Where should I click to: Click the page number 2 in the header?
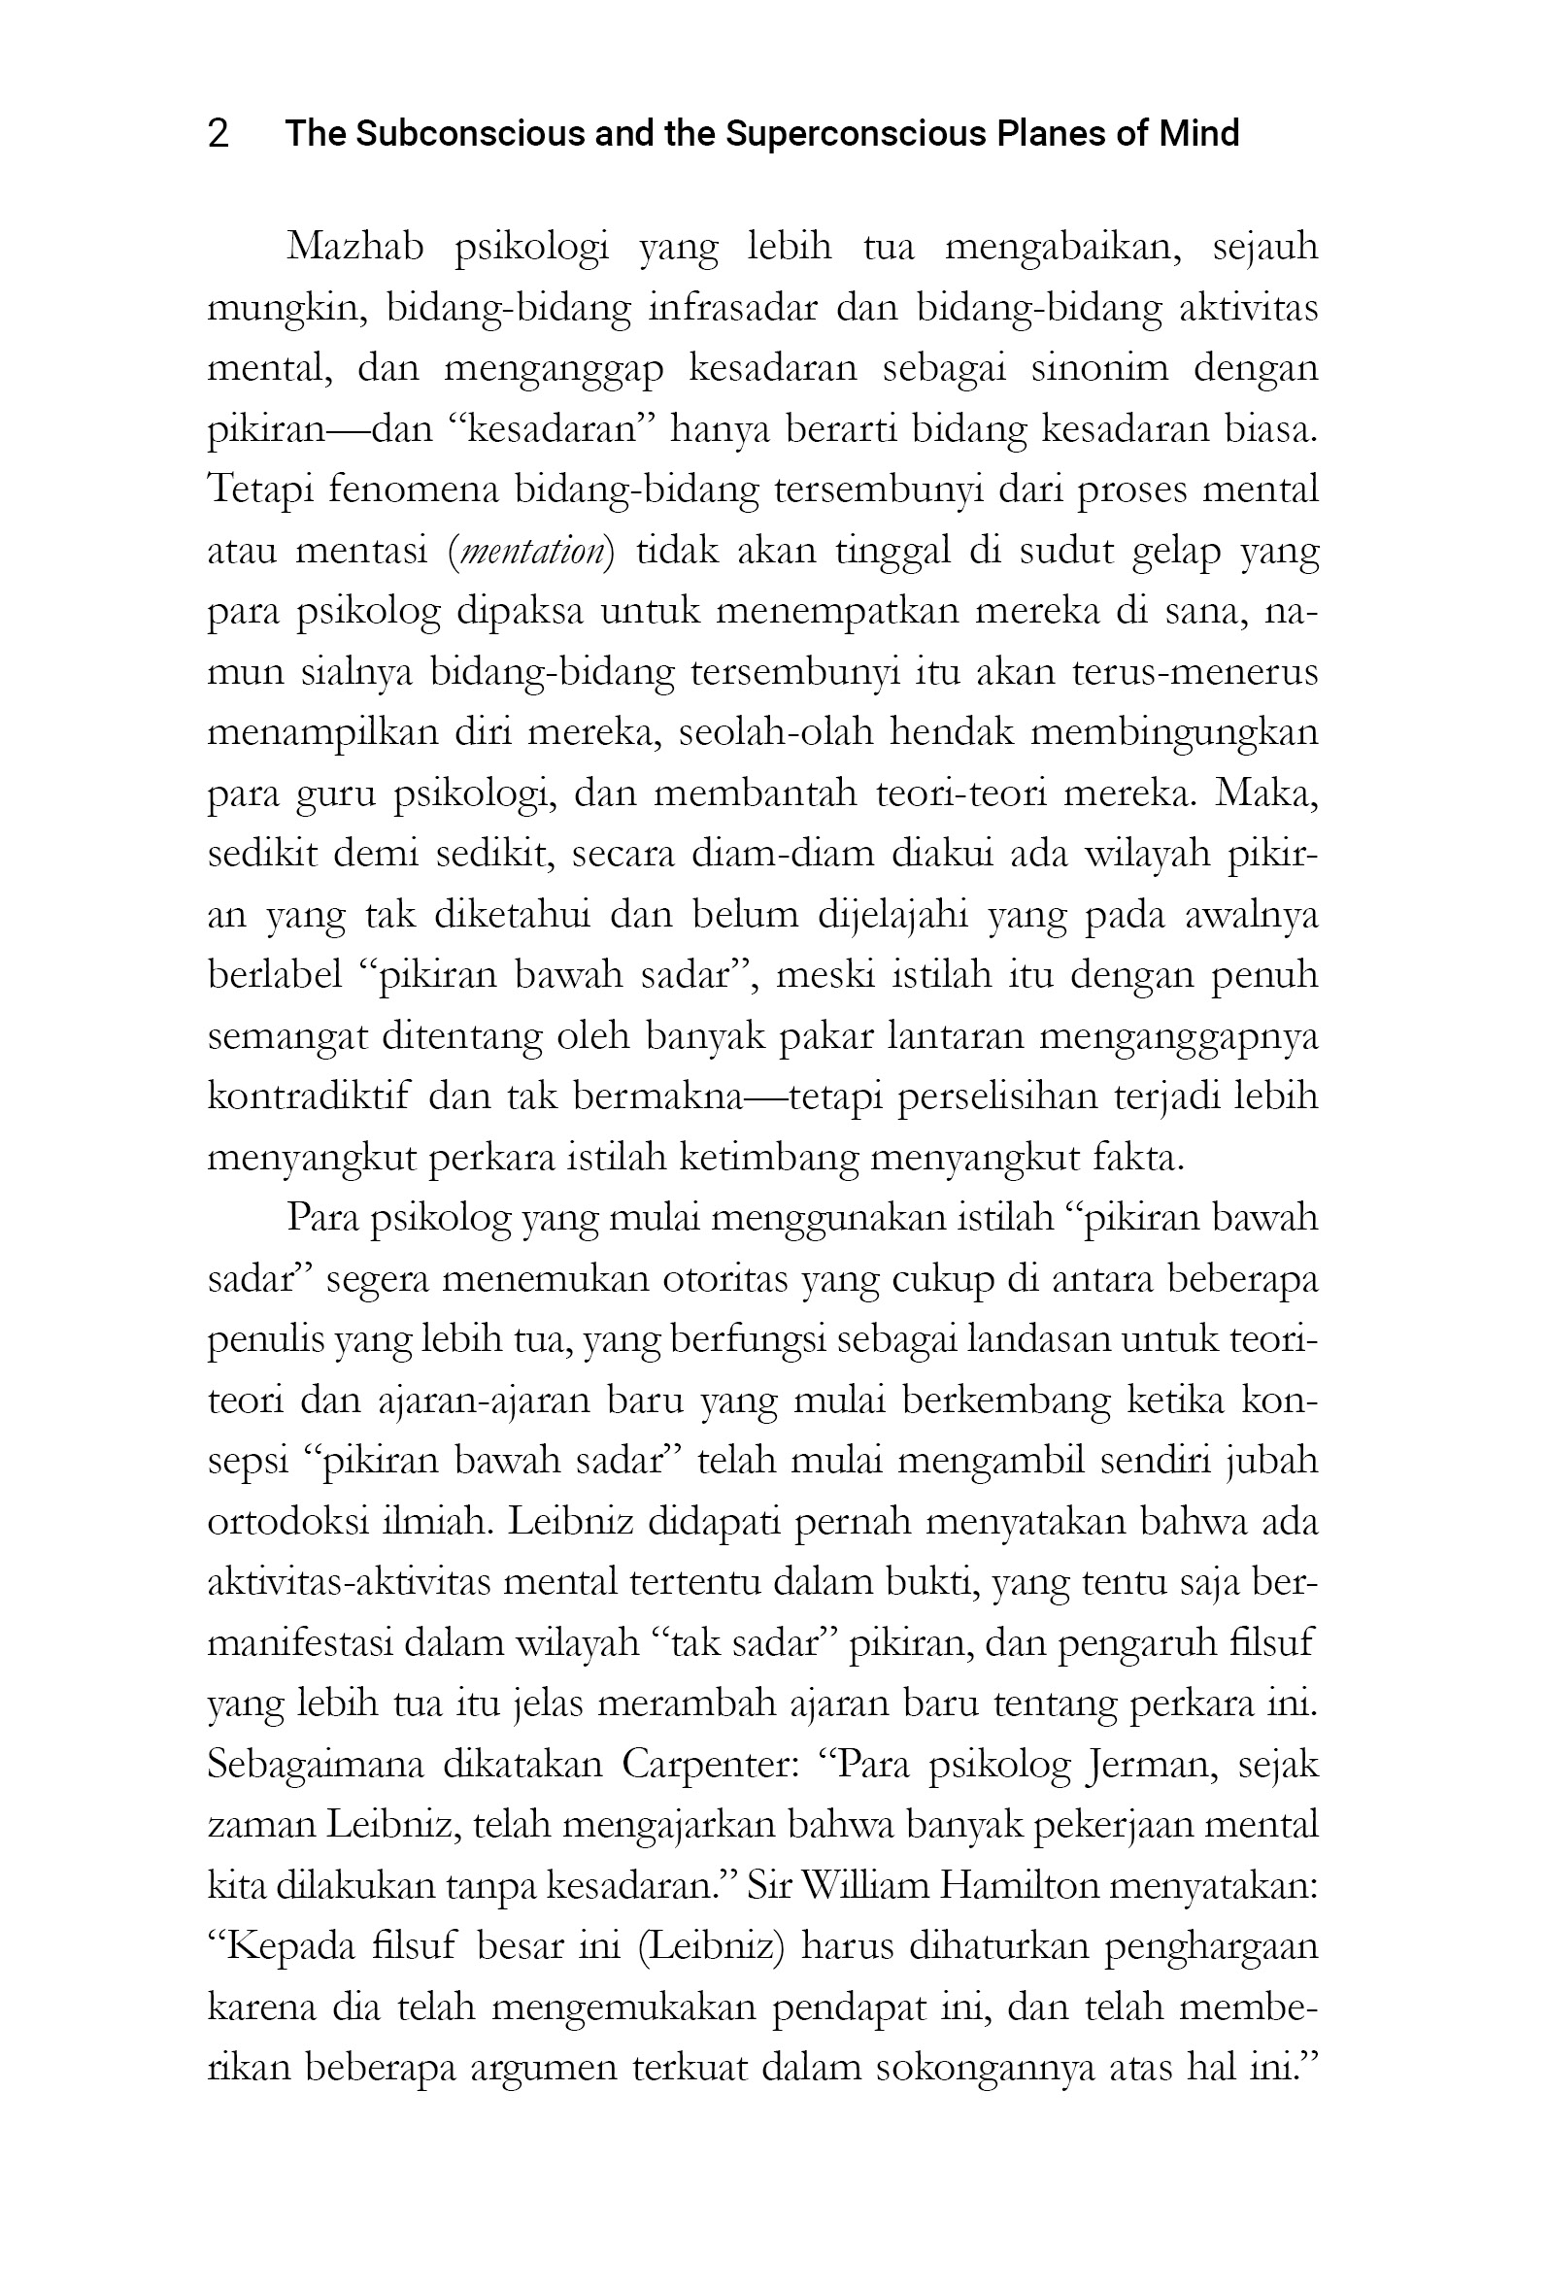tap(219, 133)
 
